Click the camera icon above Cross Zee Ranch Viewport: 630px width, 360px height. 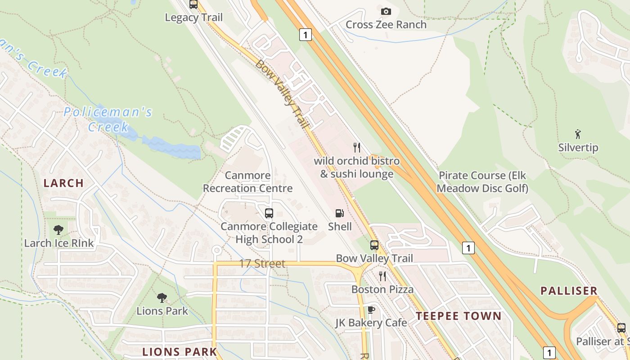coord(386,12)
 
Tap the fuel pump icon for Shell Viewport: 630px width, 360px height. coord(339,213)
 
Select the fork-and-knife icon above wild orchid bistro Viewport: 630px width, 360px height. coord(357,148)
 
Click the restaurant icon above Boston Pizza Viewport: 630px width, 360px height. coord(382,276)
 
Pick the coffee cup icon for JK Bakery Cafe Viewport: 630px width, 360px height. coord(371,310)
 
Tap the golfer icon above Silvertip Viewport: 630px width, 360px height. coord(578,134)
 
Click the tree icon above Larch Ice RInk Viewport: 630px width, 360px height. coord(58,230)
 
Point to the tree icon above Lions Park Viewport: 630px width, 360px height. coord(162,297)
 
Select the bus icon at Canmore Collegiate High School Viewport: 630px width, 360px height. coord(269,213)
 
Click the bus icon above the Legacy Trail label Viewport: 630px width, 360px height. coord(193,4)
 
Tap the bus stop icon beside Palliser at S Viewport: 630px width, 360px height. coord(621,328)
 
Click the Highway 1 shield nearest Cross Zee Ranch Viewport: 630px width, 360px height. coord(306,35)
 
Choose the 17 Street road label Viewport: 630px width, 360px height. coord(262,264)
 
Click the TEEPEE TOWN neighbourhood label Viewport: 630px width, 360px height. coord(458,316)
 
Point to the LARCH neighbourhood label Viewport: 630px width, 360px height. coord(63,183)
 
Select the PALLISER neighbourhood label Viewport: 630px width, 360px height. coord(569,291)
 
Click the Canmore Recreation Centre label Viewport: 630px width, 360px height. coord(247,182)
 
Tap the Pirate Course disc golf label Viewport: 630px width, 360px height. coord(482,182)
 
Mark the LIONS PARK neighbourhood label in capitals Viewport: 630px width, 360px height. coord(180,351)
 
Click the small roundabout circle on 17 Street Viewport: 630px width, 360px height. coord(217,250)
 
